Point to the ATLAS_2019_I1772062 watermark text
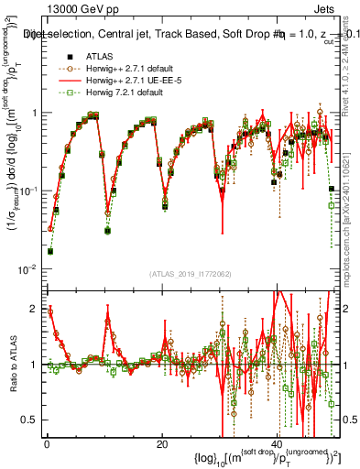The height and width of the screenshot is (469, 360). pyautogui.click(x=190, y=274)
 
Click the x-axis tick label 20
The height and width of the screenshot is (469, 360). pyautogui.click(x=161, y=442)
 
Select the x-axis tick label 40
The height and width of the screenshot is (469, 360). pyautogui.click(x=277, y=442)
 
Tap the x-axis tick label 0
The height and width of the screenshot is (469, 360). pyautogui.click(x=47, y=442)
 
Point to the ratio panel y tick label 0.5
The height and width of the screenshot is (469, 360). pyautogui.click(x=29, y=420)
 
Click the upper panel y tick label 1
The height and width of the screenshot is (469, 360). pyautogui.click(x=33, y=113)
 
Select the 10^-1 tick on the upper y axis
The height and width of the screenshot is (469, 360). pyautogui.click(x=29, y=191)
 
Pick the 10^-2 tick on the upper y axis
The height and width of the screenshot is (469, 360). pyautogui.click(x=29, y=268)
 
